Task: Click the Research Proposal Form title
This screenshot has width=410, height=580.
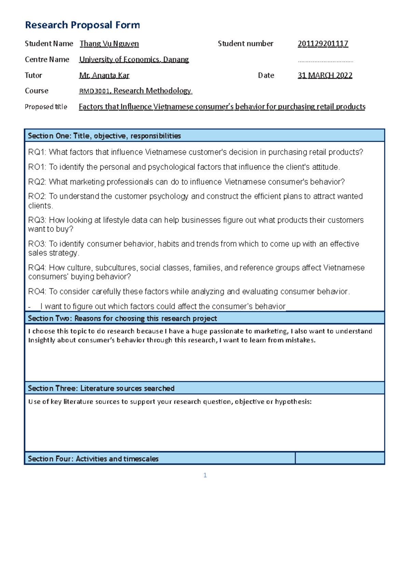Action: (82, 25)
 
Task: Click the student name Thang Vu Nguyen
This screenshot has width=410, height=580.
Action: (109, 44)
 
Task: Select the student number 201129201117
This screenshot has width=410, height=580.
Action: (323, 44)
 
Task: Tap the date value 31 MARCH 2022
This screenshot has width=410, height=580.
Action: (325, 75)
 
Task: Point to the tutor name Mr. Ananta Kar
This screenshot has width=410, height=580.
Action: (104, 75)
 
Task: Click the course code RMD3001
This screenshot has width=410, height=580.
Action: (94, 91)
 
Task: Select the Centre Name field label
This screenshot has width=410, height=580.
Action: (47, 59)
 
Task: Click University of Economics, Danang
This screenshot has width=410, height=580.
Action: (134, 59)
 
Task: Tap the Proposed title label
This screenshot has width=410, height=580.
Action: (46, 107)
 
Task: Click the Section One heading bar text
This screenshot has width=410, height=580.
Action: (104, 136)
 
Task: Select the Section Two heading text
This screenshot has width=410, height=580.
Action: (122, 318)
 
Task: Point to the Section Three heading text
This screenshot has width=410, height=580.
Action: (101, 388)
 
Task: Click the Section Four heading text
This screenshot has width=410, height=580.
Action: (93, 459)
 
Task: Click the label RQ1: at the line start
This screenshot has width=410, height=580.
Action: (37, 152)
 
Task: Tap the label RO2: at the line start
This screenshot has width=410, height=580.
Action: (37, 196)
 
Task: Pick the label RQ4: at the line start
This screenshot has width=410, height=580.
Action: (37, 268)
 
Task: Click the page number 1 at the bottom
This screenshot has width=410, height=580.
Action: (205, 475)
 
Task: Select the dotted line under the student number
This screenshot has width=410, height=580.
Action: (325, 62)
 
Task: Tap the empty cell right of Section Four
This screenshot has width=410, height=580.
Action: (340, 458)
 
